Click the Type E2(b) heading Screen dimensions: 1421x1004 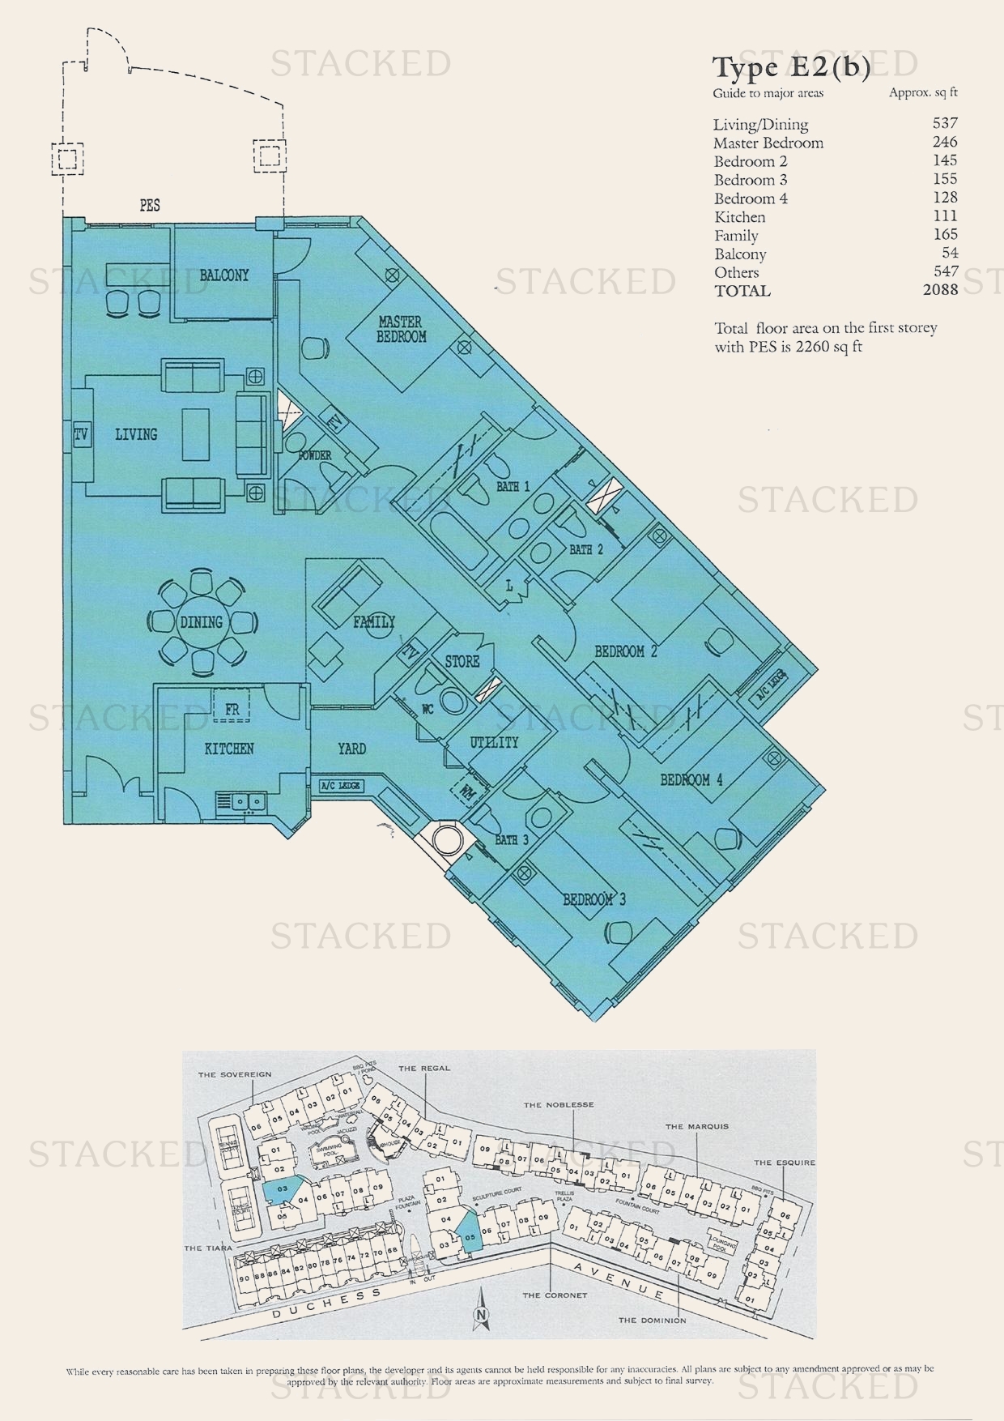791,68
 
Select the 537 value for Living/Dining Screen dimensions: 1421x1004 944,123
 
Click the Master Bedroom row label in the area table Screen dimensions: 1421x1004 768,143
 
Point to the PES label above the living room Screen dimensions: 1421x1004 150,206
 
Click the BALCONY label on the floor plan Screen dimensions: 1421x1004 224,275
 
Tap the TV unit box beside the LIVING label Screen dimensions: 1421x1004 81,435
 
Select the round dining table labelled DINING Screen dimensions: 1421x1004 202,622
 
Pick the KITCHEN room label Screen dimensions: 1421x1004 229,749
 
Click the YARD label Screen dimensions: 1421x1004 351,749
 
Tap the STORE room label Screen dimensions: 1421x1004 462,662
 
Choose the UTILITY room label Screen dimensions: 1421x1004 494,742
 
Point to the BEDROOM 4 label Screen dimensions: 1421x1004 691,780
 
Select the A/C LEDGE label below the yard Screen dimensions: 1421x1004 341,786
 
